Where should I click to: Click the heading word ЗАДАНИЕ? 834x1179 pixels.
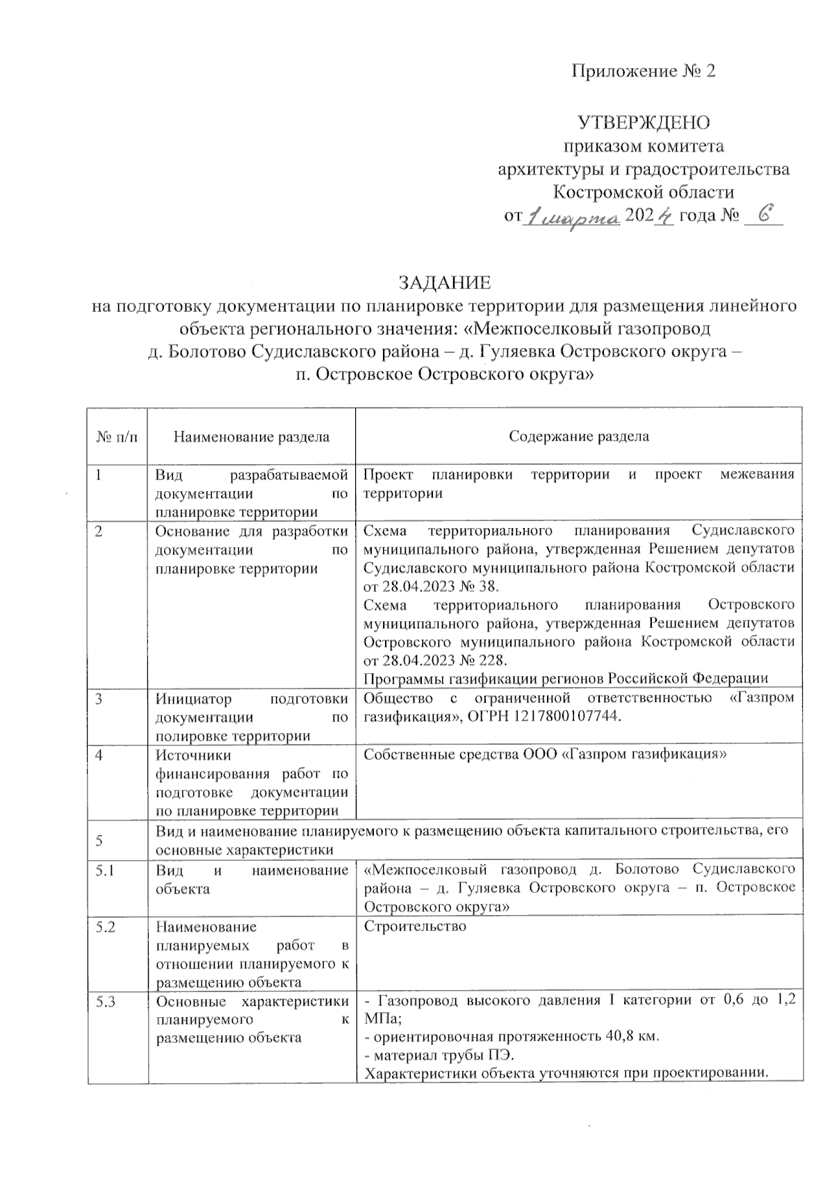point(444,283)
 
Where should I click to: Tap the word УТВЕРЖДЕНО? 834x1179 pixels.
point(644,123)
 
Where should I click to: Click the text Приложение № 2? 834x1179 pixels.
point(643,71)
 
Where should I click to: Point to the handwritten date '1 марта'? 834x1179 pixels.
point(574,219)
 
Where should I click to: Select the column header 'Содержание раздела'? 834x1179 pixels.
point(579,436)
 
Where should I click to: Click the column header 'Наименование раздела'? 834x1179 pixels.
point(251,437)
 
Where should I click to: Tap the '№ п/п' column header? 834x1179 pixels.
point(117,437)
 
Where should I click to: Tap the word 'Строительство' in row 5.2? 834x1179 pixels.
point(415,927)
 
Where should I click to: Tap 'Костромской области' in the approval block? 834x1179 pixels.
point(644,192)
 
